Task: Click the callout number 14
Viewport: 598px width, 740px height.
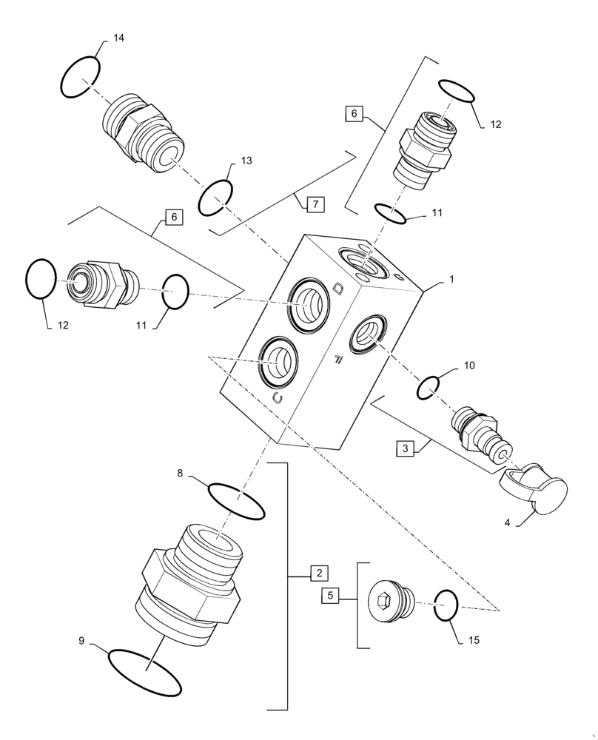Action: coord(118,38)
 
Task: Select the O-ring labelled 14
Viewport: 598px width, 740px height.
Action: coord(80,77)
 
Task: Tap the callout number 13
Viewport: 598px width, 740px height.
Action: coord(246,161)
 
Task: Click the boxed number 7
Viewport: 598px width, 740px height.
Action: coord(314,203)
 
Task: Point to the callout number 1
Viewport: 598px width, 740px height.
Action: coord(451,280)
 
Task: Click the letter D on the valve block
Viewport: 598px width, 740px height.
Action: coord(338,289)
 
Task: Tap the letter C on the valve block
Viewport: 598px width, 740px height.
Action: coord(278,398)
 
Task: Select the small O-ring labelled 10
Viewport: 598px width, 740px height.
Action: coord(430,386)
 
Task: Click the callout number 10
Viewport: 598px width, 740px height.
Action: coord(469,366)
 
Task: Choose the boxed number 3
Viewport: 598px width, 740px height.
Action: coord(405,448)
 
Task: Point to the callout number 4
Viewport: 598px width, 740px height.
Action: coord(508,522)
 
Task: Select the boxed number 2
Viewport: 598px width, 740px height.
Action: coord(318,573)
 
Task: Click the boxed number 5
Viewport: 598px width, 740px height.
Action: coord(330,594)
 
